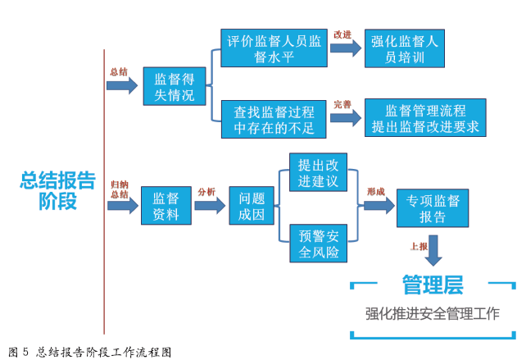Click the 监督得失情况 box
175,85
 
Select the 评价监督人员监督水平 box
274,49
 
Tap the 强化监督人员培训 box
405,48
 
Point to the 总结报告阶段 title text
57,191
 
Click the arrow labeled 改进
345,48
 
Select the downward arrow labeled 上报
433,249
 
